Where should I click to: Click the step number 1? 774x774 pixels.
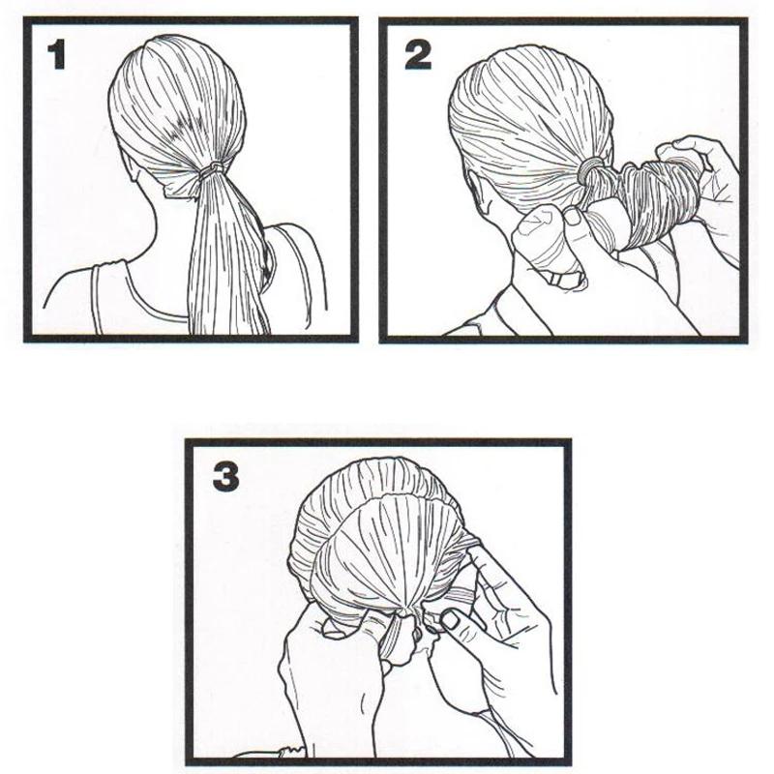tap(56, 55)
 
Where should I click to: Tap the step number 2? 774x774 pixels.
tap(418, 54)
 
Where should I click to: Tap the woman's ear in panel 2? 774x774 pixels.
tap(478, 193)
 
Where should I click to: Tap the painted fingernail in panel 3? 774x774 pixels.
tap(449, 620)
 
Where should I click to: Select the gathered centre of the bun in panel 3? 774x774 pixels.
tap(405, 613)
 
